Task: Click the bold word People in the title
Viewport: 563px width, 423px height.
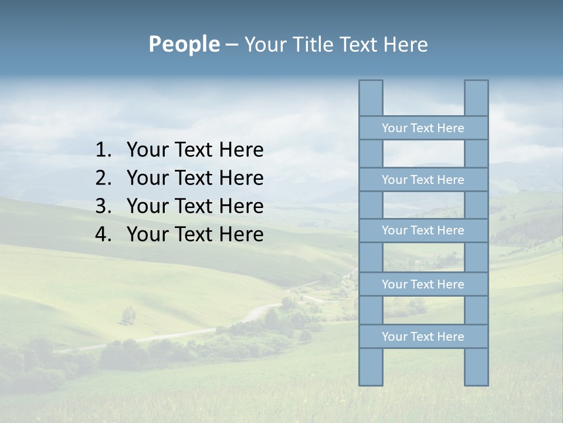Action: (184, 44)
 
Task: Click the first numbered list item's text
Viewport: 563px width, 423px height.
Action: (195, 150)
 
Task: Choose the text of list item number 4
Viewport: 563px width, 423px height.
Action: (195, 234)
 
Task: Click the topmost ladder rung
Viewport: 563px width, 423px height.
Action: (423, 128)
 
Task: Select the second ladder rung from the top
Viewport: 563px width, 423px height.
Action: (423, 180)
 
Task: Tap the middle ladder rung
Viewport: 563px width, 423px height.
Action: (423, 230)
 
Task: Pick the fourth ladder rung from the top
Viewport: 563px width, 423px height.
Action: (423, 284)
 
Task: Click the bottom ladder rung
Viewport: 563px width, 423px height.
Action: (423, 337)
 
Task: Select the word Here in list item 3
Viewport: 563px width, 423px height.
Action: (241, 206)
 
